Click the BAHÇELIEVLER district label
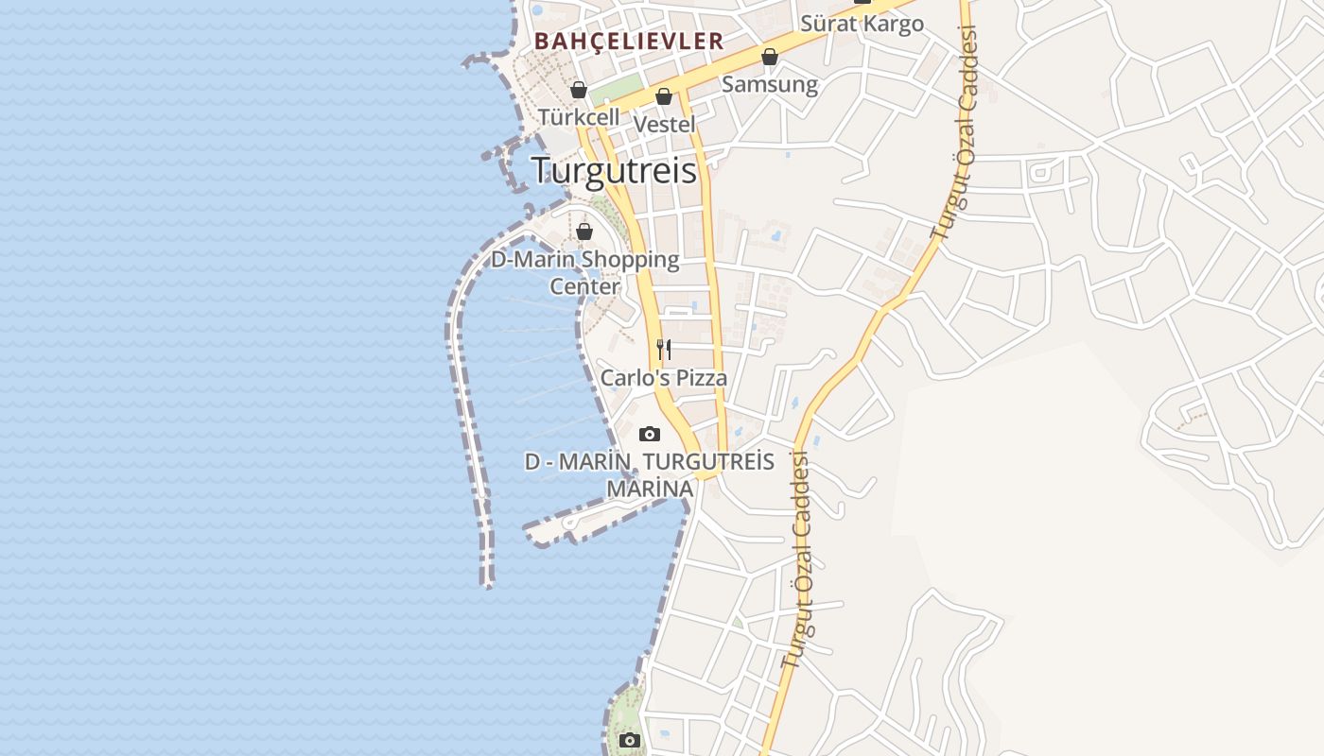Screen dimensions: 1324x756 pos(629,42)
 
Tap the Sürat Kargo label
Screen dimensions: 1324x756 pos(862,24)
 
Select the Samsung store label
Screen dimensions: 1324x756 pos(770,84)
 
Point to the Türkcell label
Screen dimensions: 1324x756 pos(579,117)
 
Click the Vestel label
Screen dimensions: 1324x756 pos(664,124)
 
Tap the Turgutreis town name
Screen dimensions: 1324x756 pos(614,170)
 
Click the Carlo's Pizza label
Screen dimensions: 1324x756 pos(664,378)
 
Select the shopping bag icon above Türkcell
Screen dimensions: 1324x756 pos(579,91)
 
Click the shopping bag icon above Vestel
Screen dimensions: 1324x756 pos(664,97)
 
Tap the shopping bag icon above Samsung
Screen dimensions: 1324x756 pos(770,58)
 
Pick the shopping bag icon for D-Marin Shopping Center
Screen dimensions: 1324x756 pos(584,232)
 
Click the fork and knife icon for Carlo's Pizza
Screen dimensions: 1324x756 pos(664,350)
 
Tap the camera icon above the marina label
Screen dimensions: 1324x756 pos(650,435)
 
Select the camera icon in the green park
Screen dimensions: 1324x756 pos(629,740)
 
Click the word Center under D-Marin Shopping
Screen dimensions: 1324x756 pos(585,286)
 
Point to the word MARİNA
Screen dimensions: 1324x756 pos(650,490)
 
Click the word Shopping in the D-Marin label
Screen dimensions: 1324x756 pos(630,259)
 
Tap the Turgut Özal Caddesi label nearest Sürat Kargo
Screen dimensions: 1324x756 pos(954,132)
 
